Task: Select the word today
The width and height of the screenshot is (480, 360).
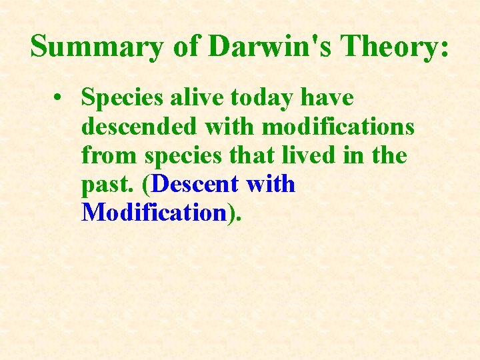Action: (x=263, y=98)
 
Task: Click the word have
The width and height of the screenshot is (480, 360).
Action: (x=327, y=97)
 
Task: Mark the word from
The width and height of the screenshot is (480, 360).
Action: (x=109, y=155)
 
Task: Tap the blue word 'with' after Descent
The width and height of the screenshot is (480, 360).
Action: (x=271, y=184)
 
